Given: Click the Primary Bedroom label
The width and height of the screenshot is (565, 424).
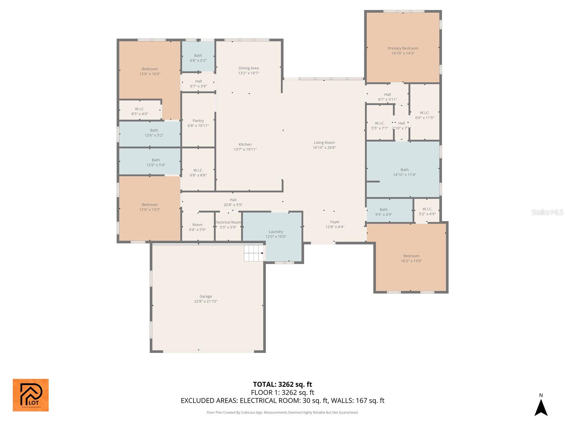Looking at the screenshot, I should coord(403,48).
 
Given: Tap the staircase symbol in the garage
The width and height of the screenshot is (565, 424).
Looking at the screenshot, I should coord(254,253).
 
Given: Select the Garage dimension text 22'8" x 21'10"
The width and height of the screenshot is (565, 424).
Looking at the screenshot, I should coord(206,301).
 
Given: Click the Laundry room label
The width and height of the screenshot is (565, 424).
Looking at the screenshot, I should coord(276,232).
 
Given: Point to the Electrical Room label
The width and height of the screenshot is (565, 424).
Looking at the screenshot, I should coord(228,222).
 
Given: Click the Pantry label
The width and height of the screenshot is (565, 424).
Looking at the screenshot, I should coord(198,121).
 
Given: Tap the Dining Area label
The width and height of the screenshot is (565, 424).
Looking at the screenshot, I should coord(248,68).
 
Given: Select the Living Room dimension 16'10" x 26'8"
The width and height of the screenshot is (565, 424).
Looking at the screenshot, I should coord(324,148).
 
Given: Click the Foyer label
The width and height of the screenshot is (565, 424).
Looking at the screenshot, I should coord(335,222).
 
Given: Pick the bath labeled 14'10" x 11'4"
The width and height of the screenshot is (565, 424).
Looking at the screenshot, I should coord(404,172).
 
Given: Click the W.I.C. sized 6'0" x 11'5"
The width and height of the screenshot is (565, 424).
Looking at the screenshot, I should coord(424,115).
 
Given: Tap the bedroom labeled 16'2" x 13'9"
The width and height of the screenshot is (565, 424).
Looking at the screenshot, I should coord(411,258).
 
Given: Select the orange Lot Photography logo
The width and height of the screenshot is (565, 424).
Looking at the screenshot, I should coord(31,395).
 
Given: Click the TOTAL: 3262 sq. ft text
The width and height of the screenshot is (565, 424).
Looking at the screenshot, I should coord(282,384).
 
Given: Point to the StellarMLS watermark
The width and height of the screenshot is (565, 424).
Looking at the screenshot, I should coord(547,212).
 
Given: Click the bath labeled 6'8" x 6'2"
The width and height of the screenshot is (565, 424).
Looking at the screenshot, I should coord(198,58).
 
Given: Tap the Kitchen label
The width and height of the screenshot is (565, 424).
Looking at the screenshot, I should coord(245,145).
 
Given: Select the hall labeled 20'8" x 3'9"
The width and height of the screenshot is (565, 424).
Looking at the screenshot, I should coord(233,202).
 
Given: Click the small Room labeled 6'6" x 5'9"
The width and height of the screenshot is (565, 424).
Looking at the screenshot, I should coord(197,227).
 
